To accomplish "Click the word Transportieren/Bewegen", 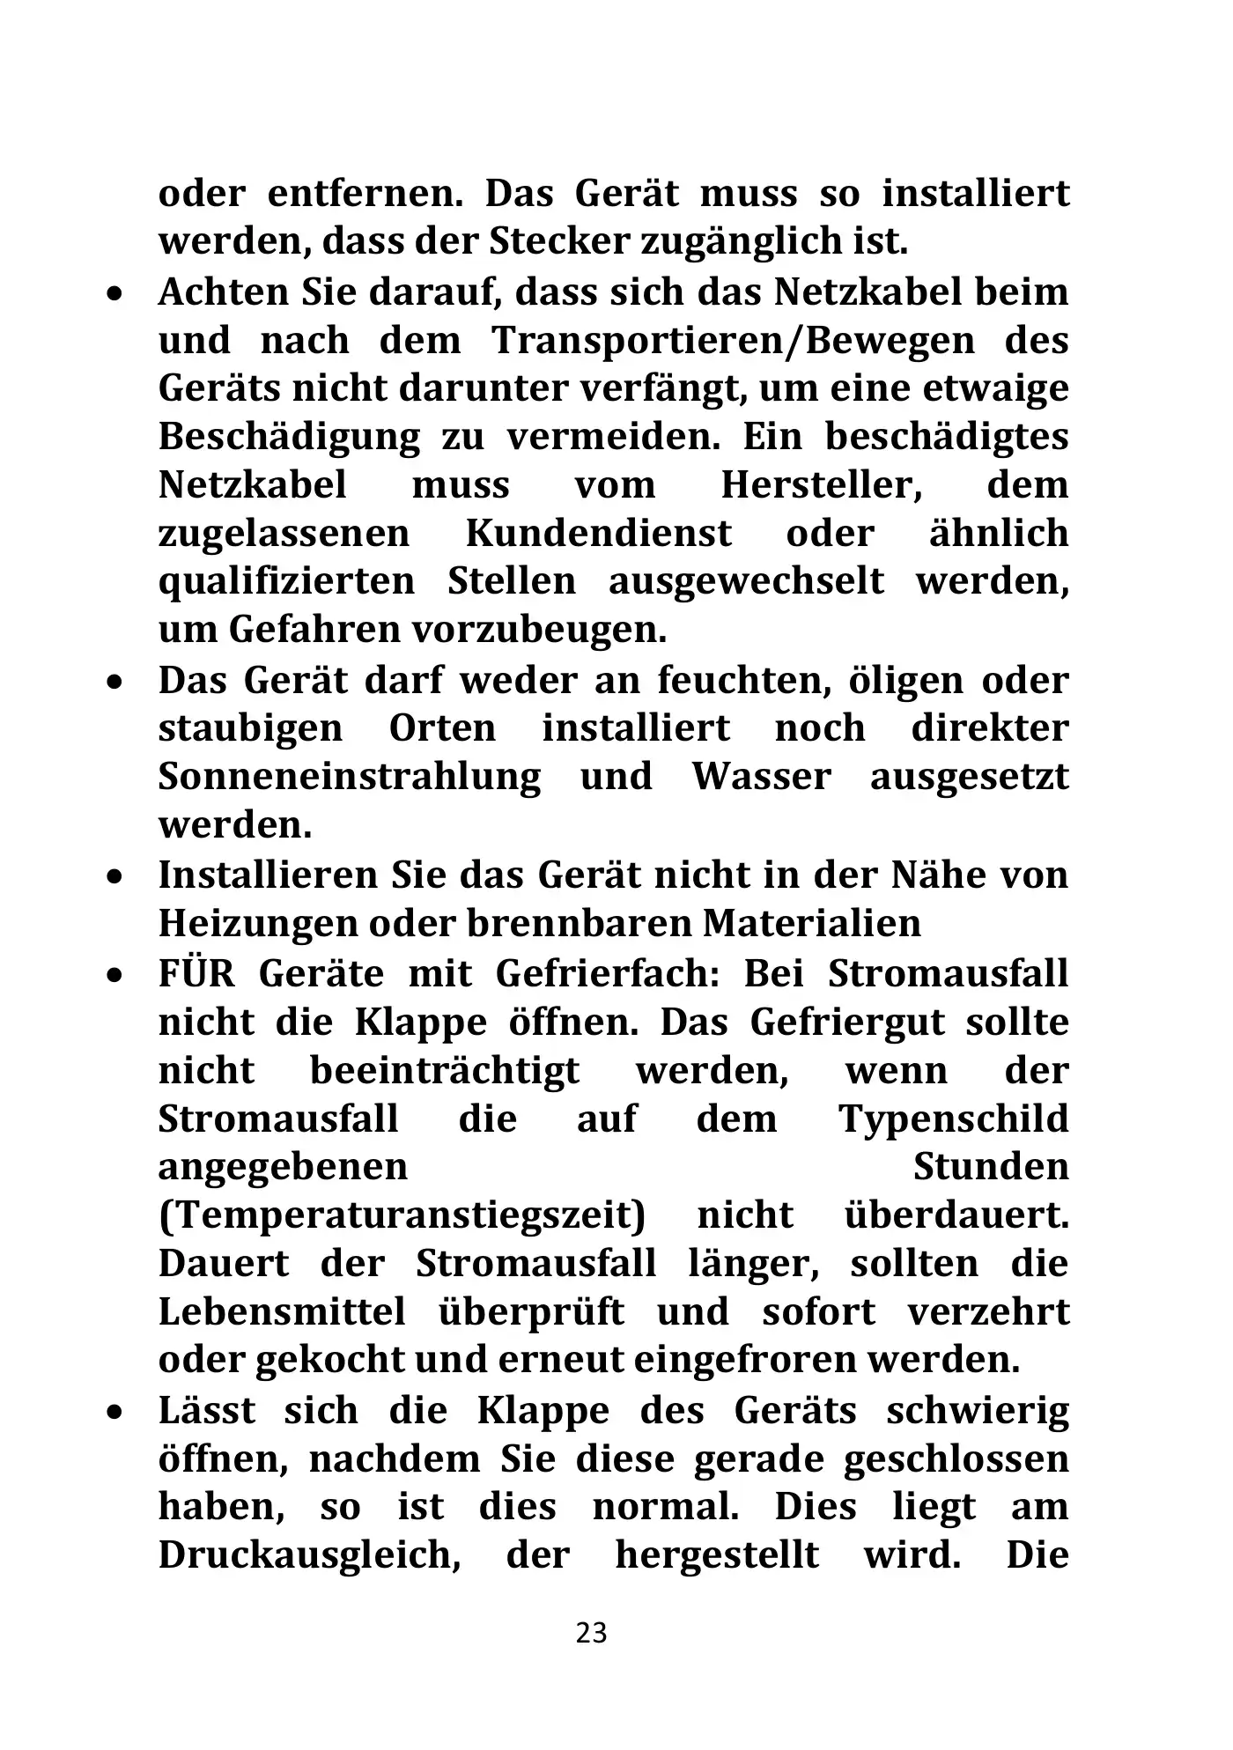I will (734, 341).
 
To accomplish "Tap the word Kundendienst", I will (598, 534).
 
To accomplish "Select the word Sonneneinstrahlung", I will (350, 777).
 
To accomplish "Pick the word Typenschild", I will (954, 1119).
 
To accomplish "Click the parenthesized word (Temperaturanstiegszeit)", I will (402, 1216).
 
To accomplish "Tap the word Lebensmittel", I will (282, 1312).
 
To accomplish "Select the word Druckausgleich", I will (310, 1555).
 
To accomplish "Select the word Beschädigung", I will (289, 438).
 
